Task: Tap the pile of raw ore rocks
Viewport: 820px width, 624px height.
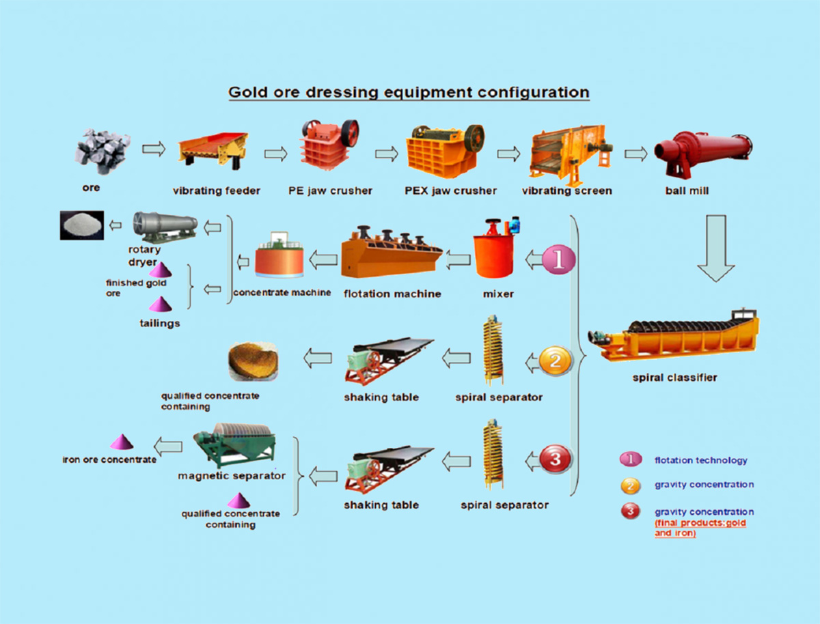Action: tap(102, 151)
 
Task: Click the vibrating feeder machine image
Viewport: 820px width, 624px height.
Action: tap(215, 150)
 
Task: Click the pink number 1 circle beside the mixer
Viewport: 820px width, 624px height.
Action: tap(559, 260)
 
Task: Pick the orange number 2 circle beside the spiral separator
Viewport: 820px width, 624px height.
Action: tap(555, 360)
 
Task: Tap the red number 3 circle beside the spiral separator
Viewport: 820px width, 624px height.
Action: tap(556, 459)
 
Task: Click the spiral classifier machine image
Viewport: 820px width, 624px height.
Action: tap(672, 335)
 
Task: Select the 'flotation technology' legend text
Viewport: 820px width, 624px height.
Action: tap(700, 461)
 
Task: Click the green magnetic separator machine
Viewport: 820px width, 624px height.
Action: tap(233, 447)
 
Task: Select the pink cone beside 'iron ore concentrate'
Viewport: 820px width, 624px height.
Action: tap(123, 442)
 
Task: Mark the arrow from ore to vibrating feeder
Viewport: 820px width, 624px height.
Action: tap(153, 148)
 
